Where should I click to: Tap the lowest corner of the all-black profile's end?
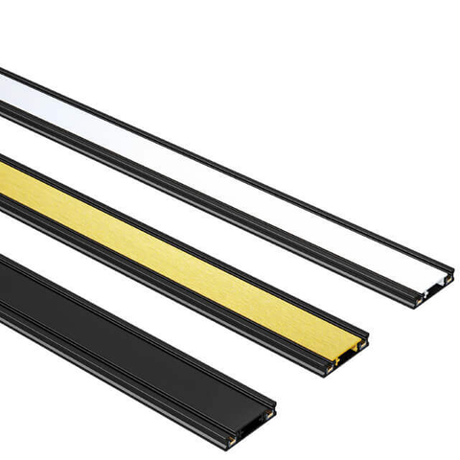click(x=235, y=445)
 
